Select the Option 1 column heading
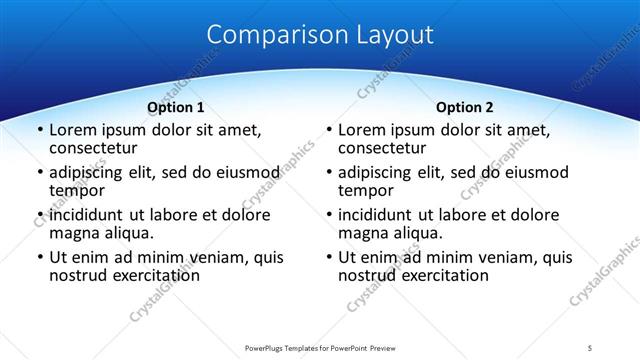coord(176,107)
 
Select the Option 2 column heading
coord(464,107)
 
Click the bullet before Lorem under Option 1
coord(40,131)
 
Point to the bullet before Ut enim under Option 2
coord(329,257)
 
